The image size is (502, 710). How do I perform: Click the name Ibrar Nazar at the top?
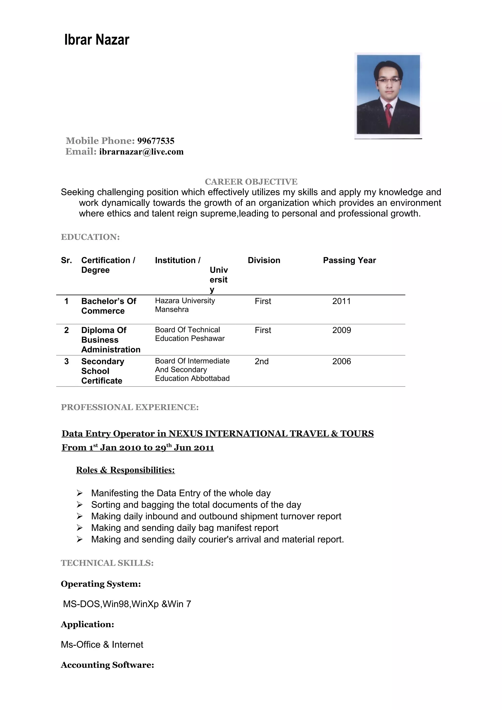click(x=97, y=40)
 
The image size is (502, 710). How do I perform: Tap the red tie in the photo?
click(x=389, y=113)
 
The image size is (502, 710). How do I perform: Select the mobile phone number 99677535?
click(x=156, y=141)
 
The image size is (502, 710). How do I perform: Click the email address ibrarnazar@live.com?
click(x=141, y=152)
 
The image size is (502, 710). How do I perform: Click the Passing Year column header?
click(x=349, y=260)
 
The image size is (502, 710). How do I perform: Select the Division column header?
click(x=264, y=260)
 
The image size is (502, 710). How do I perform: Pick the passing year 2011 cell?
click(x=341, y=301)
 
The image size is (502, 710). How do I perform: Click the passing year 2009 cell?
click(x=341, y=330)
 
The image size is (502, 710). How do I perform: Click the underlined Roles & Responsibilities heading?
click(x=125, y=470)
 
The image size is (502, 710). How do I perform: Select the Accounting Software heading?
click(x=107, y=665)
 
